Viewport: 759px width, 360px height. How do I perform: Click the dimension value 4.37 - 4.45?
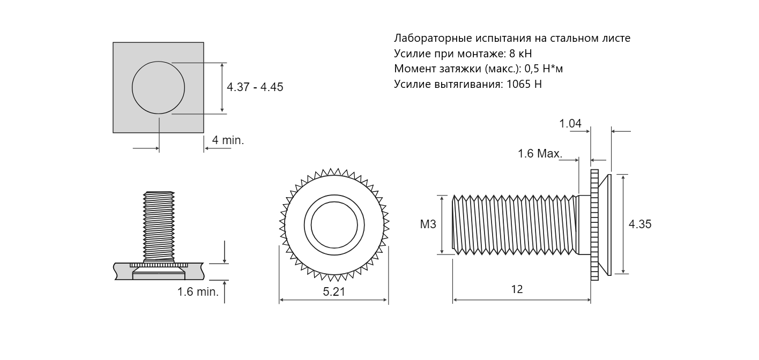pyautogui.click(x=255, y=87)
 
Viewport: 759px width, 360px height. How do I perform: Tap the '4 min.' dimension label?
pyautogui.click(x=228, y=140)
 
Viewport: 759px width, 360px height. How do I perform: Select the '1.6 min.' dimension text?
pyautogui.click(x=198, y=291)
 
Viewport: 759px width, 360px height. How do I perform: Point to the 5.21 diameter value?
pyautogui.click(x=334, y=291)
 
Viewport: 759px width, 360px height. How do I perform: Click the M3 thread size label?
pyautogui.click(x=428, y=224)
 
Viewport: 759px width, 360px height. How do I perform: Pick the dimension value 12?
pyautogui.click(x=517, y=289)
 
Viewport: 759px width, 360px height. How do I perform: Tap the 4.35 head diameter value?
pyautogui.click(x=639, y=224)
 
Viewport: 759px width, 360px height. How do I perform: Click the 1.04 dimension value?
pyautogui.click(x=570, y=124)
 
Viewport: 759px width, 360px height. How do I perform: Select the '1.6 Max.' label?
pyautogui.click(x=540, y=153)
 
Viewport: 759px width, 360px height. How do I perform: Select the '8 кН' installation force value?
pyautogui.click(x=520, y=54)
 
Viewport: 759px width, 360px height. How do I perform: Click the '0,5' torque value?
pyautogui.click(x=532, y=69)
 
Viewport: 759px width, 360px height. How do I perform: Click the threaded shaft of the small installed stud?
pyautogui.click(x=159, y=226)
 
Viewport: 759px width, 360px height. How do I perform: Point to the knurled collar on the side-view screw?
pyautogui.click(x=594, y=225)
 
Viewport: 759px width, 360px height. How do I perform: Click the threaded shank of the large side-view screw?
pyautogui.click(x=515, y=224)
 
